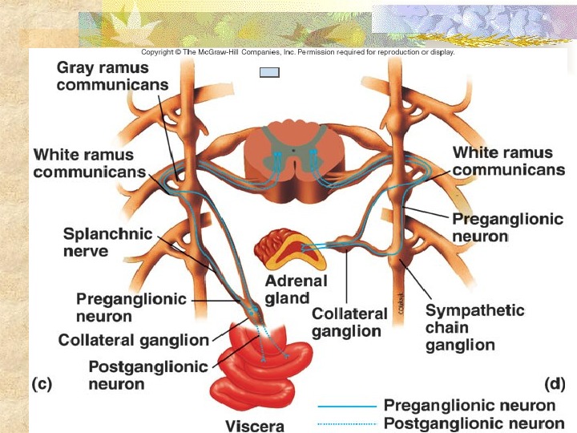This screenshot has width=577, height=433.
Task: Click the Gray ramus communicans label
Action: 112,76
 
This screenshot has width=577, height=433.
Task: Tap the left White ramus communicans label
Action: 89,163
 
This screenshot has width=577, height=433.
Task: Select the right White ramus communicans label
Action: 508,160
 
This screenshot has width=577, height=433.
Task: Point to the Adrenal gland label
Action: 296,289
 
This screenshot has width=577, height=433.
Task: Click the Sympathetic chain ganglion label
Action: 474,328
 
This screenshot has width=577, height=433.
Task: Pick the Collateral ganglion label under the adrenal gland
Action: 349,322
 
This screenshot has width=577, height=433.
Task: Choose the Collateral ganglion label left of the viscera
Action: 133,341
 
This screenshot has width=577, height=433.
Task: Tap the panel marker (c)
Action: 41,383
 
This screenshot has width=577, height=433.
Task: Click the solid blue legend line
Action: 346,407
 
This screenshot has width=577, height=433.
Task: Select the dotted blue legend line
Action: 346,423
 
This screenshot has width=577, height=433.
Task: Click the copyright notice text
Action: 293,52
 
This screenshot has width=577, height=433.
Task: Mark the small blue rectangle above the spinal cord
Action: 269,71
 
